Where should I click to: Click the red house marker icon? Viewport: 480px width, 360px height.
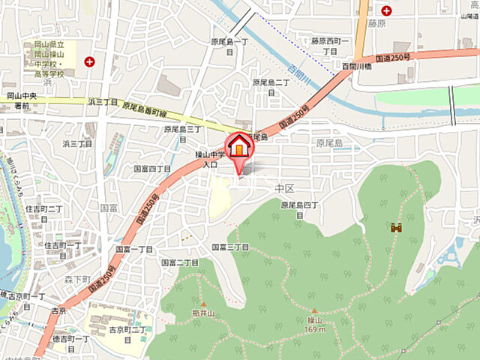coord(239,147)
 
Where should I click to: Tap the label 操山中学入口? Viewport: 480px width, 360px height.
coord(206,158)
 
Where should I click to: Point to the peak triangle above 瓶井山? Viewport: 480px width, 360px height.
coord(202,304)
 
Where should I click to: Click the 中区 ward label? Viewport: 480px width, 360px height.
coord(283,187)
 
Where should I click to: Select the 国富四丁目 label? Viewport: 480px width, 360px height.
coord(153,169)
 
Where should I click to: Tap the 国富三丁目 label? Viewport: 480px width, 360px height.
coord(230,247)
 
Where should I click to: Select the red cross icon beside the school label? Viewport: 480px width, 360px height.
coord(90,61)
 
